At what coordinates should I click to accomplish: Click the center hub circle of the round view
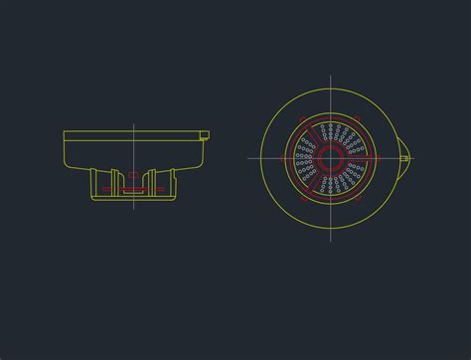coord(330,157)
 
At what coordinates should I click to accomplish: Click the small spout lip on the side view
coord(206,134)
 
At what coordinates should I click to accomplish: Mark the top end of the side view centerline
coord(133,123)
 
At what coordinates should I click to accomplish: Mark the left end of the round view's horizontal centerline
coord(248,157)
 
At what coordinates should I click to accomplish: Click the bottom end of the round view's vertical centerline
coord(330,239)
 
